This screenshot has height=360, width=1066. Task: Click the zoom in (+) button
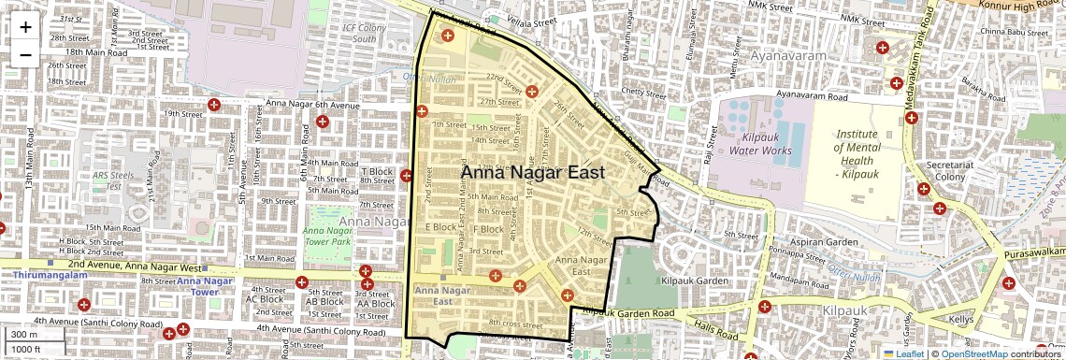point(25,26)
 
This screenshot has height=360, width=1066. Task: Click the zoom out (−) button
point(25,54)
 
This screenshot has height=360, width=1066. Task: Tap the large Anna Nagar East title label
point(532,172)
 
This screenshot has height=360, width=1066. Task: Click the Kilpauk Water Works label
point(760,143)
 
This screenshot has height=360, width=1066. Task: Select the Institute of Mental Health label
point(857,154)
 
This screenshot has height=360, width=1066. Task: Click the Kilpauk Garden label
point(695,281)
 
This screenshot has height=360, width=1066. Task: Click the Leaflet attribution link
point(902,353)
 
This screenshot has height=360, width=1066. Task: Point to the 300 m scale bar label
point(25,335)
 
